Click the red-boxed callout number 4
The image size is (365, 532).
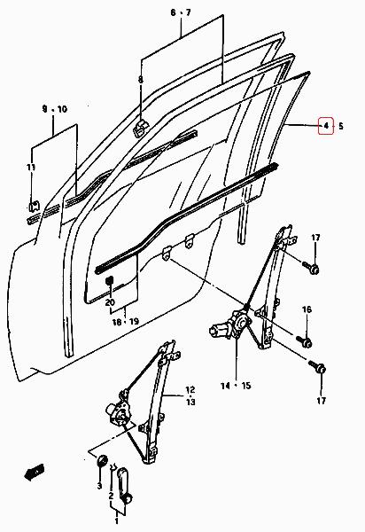pos(326,126)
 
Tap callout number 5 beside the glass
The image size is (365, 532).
pos(340,126)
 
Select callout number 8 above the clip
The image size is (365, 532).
pos(141,80)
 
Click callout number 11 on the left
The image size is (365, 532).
pos(31,168)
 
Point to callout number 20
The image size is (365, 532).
pos(110,301)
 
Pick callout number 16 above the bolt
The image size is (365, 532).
pos(307,309)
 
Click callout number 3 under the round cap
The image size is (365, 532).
pos(99,486)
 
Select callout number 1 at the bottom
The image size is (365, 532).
pos(116,521)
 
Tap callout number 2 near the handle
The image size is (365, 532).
pos(111,496)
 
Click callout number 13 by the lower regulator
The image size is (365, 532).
pos(190,402)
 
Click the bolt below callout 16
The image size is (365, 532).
pos(305,341)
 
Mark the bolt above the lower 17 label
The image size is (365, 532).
pos(317,367)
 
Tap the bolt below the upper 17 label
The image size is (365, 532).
pos(311,268)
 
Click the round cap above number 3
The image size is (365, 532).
pos(102,461)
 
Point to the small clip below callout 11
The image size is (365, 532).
pos(33,207)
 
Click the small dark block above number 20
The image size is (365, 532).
pos(109,281)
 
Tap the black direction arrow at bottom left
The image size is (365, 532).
pos(35,472)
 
